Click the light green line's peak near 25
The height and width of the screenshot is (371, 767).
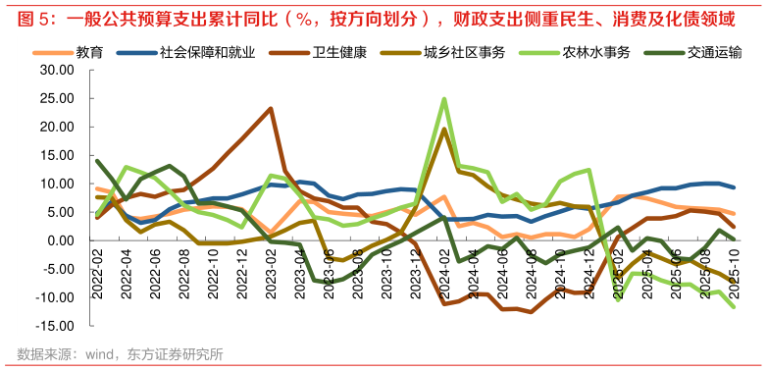pos(444,99)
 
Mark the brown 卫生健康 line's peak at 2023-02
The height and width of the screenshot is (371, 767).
pos(271,108)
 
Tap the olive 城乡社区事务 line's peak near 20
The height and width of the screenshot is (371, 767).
pos(444,130)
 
